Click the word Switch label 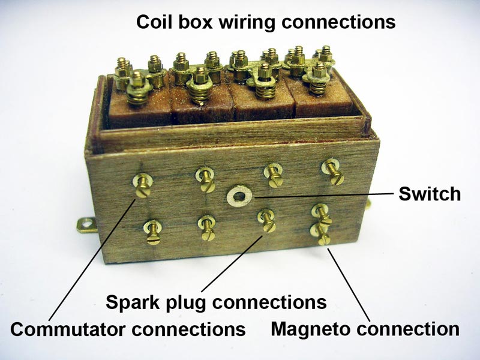pos(429,194)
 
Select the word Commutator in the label pos(68,329)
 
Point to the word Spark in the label pos(133,302)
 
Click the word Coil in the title pos(154,22)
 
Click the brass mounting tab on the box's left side pos(86,225)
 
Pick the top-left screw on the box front pos(142,186)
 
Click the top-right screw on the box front pos(333,172)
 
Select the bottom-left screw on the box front pos(153,232)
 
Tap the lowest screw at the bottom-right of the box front pos(320,234)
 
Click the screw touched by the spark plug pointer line pos(266,221)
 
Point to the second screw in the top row pos(206,179)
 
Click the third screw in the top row pos(274,176)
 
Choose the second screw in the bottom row pos(206,228)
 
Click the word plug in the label pos(186,303)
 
